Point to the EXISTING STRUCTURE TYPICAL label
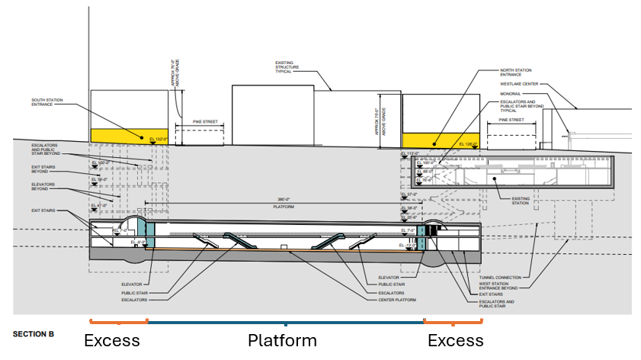pyautogui.click(x=294, y=68)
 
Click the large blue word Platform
pyautogui.click(x=282, y=340)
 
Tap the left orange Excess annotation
pyautogui.click(x=111, y=340)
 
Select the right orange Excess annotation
pyautogui.click(x=455, y=340)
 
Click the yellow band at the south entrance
pyautogui.click(x=119, y=135)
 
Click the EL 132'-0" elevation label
pyautogui.click(x=159, y=139)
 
